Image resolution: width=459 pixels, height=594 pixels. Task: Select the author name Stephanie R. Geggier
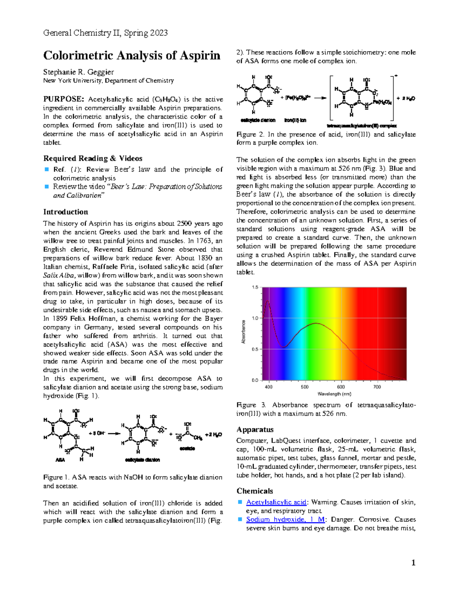coord(78,72)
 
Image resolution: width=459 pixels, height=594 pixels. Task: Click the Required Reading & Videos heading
coord(93,158)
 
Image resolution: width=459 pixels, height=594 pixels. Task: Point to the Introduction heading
coord(65,212)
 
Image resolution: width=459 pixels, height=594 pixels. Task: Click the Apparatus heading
coord(255,429)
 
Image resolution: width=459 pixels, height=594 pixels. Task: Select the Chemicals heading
coord(255,491)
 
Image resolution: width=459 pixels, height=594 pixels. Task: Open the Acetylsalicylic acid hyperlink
coord(276,502)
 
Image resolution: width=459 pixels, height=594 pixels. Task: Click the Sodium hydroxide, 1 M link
coord(286,519)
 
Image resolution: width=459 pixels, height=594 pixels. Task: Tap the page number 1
coord(413,563)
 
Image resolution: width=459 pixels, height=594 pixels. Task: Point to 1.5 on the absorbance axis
coord(255,287)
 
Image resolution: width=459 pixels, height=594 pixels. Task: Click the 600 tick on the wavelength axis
coord(341,387)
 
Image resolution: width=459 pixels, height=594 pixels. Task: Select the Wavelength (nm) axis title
coord(334,394)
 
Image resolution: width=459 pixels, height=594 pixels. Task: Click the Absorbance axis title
coord(243,332)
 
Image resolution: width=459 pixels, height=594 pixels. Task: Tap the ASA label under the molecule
coord(60,460)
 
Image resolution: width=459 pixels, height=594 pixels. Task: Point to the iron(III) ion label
coord(295,120)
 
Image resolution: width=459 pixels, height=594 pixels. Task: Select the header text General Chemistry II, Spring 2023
coord(105,33)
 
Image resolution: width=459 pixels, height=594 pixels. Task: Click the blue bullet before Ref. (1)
coord(47,169)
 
